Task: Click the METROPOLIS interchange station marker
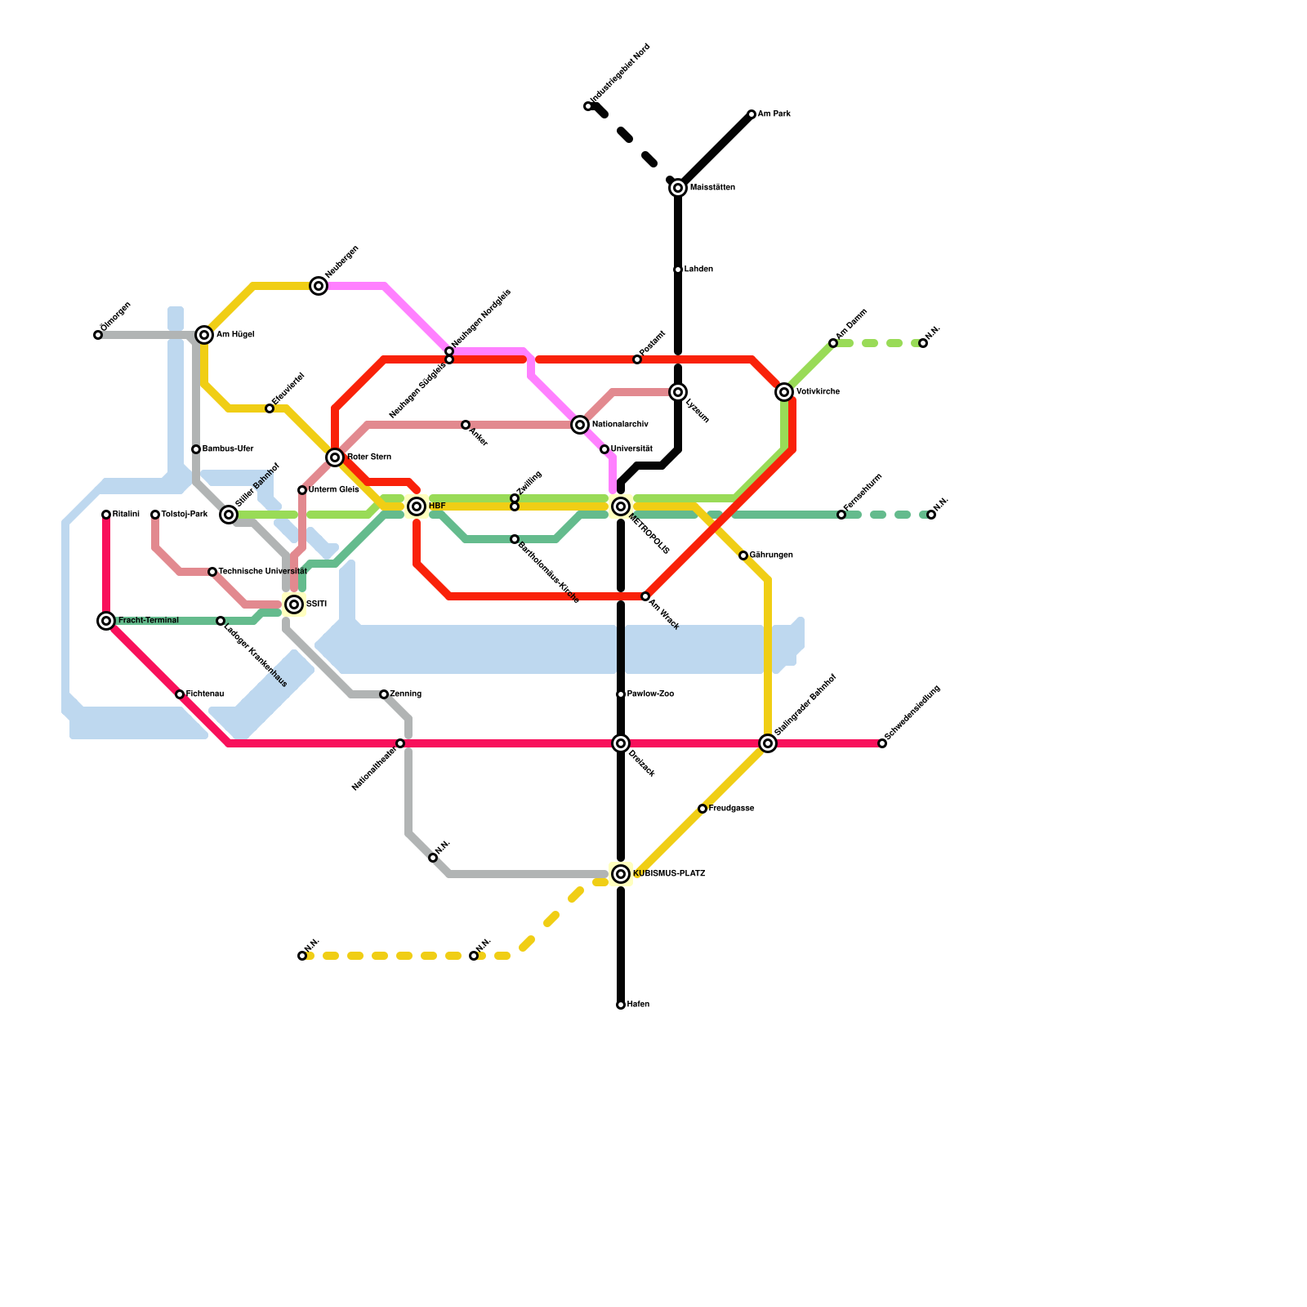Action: (x=621, y=506)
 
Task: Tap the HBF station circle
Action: (x=417, y=506)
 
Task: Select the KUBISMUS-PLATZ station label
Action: (x=668, y=874)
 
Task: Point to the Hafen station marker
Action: (x=621, y=1005)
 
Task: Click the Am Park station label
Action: (x=774, y=114)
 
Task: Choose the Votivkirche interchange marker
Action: (x=784, y=392)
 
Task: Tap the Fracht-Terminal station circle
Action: (x=106, y=621)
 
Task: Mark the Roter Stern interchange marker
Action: (x=335, y=457)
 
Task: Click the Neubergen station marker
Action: (x=319, y=286)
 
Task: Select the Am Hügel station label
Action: (x=235, y=335)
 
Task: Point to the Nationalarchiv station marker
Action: (x=580, y=425)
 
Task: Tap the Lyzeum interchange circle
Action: (x=678, y=392)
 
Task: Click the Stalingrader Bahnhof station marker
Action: (x=768, y=743)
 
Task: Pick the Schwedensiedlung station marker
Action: (x=882, y=743)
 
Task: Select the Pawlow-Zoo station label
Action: (x=650, y=694)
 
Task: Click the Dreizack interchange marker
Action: (x=621, y=743)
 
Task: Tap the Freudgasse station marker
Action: (x=703, y=809)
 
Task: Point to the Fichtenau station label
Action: (x=204, y=694)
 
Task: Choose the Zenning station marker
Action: (x=384, y=694)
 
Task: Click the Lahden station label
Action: (x=698, y=270)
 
